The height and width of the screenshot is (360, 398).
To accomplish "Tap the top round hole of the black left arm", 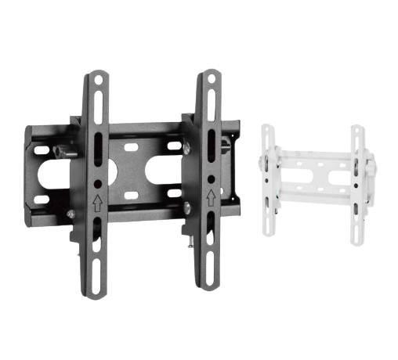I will click(x=97, y=78).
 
